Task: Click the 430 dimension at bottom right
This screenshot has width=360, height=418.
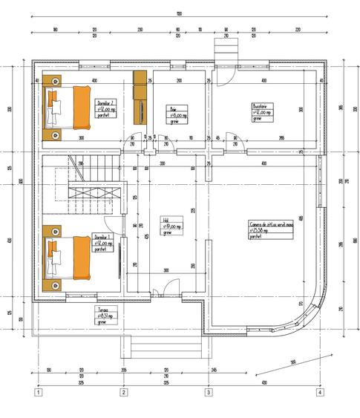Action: pos(264,383)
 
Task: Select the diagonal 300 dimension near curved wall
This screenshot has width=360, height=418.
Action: pos(293,362)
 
